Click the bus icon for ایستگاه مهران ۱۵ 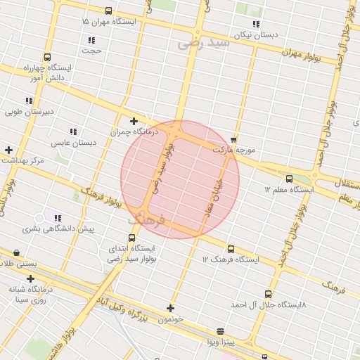click(108, 11)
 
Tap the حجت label click(91, 51)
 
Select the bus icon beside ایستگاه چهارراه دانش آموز click(47, 58)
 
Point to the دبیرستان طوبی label click(30, 111)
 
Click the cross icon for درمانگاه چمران click(134, 121)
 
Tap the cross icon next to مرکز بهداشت click(8, 150)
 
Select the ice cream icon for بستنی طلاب click(17, 252)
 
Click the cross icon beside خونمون click(170, 307)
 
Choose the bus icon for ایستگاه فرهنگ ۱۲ click(231, 248)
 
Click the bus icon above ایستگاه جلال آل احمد click(268, 294)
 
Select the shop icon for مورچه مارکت click(234, 140)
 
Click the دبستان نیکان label click(257, 34)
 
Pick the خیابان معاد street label click(214, 193)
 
